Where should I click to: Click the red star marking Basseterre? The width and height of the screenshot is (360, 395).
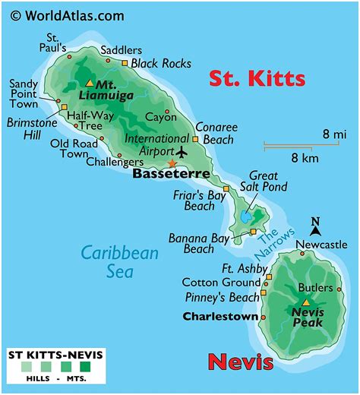[172, 163]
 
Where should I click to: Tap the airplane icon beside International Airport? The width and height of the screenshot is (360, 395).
[180, 150]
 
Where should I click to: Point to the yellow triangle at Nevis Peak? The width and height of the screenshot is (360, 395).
[305, 303]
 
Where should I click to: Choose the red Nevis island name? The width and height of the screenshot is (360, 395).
[241, 361]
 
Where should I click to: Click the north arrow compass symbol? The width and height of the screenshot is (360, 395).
[315, 225]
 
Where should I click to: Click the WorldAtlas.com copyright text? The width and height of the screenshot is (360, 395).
[67, 14]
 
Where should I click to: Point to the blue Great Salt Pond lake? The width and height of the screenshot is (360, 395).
[247, 217]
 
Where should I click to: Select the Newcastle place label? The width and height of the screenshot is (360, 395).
[321, 245]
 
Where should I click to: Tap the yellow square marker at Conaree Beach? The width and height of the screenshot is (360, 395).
[195, 139]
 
